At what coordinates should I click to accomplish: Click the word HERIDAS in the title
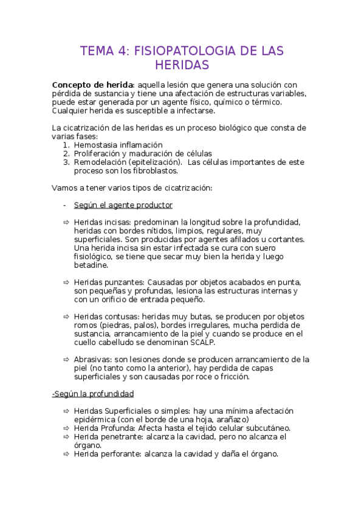click(x=182, y=64)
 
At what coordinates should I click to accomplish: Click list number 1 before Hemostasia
click(x=66, y=145)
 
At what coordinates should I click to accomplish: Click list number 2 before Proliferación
click(x=66, y=154)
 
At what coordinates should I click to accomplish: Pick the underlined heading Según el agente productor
click(x=123, y=205)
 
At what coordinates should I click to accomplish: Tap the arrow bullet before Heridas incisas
click(x=66, y=223)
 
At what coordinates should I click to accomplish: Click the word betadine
click(x=91, y=265)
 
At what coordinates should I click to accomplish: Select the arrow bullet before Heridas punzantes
click(x=66, y=282)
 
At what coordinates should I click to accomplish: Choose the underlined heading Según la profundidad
click(x=93, y=394)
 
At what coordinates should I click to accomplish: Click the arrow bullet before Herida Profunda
click(x=66, y=428)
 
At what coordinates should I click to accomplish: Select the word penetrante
click(x=123, y=436)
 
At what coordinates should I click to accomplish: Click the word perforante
click(x=123, y=453)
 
